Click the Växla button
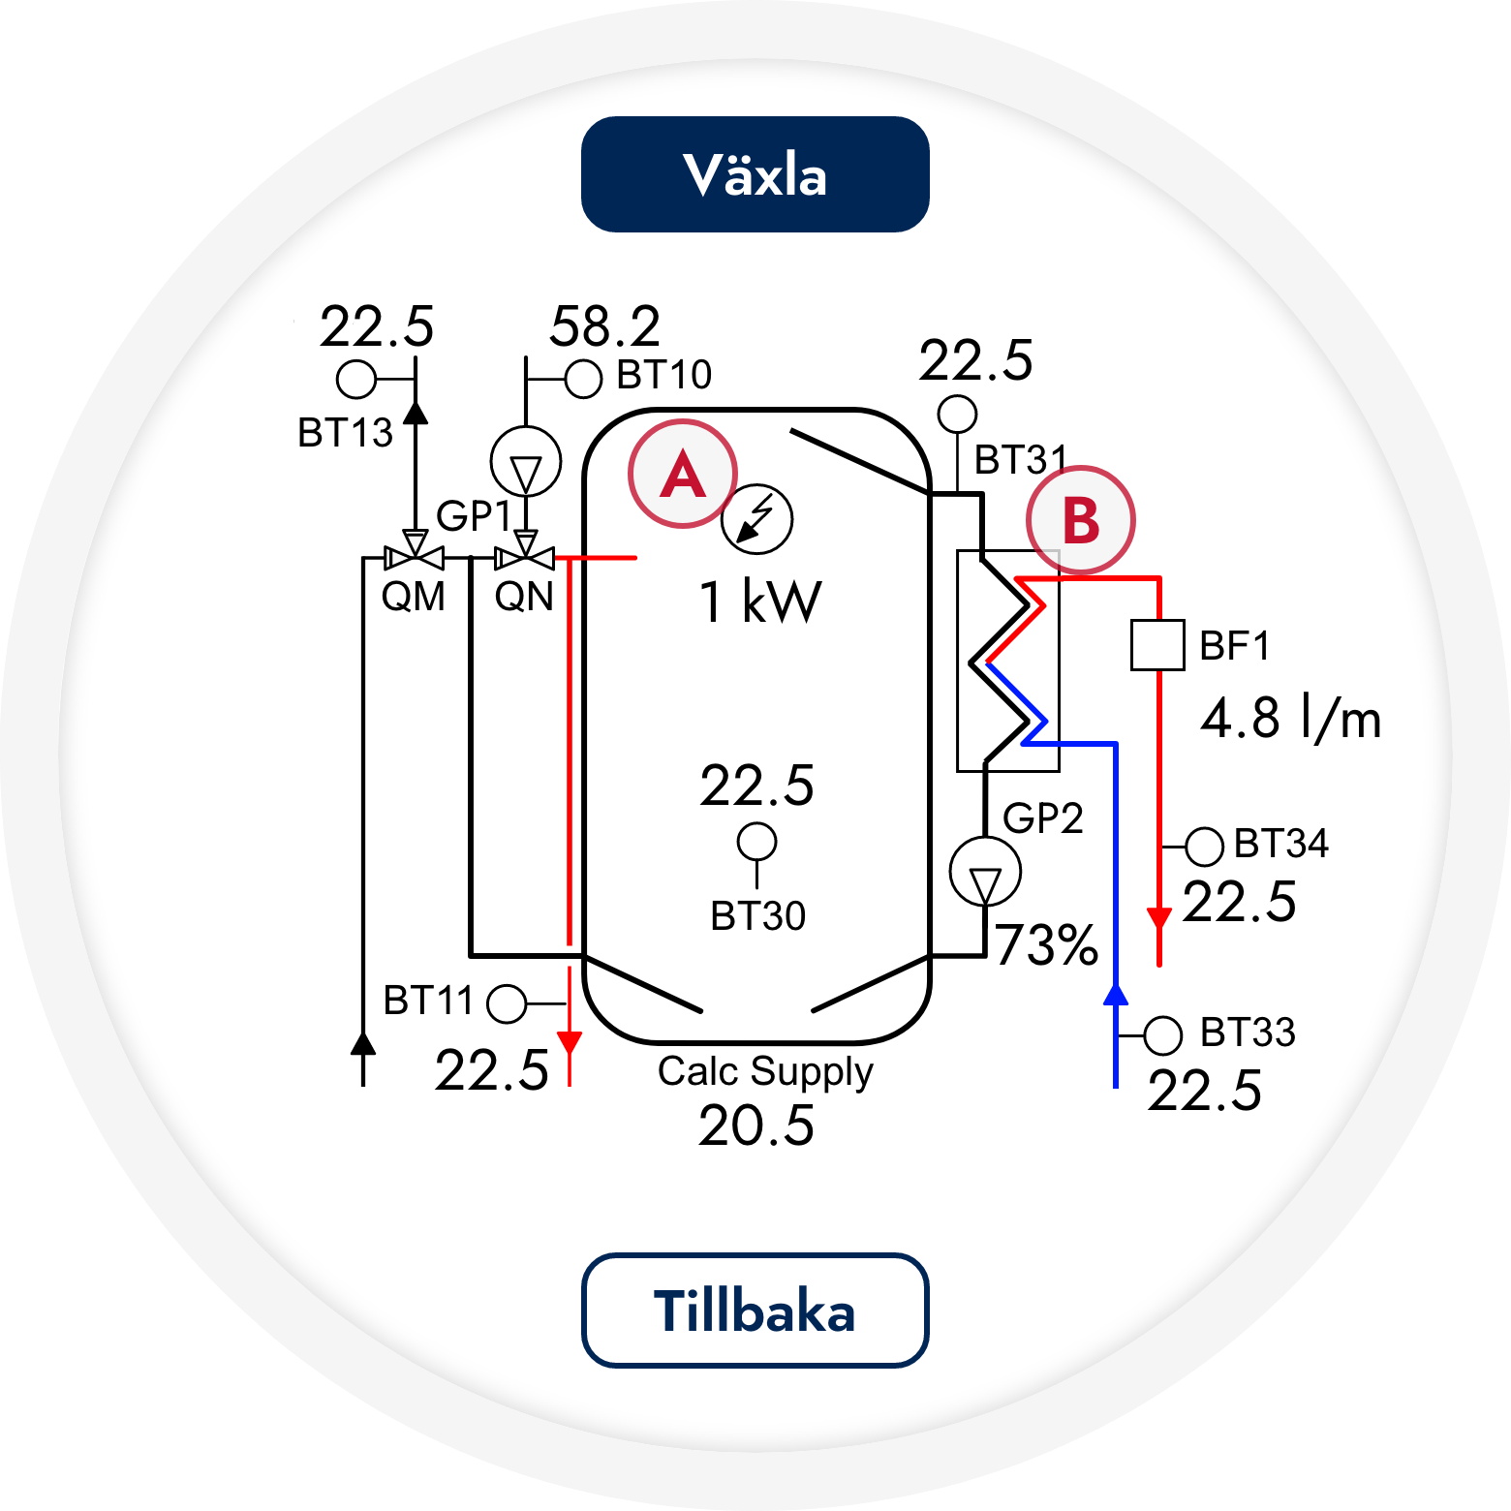point(755,174)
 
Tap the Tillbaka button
point(755,1311)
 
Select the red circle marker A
point(683,474)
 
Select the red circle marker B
point(1081,520)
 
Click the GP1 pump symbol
point(526,462)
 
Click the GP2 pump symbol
point(985,872)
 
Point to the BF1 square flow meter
point(1157,645)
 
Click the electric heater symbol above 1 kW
point(757,519)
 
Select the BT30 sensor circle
point(756,842)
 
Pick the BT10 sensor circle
point(583,379)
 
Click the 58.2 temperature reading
point(605,326)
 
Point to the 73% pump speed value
point(1046,944)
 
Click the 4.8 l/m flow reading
point(1291,719)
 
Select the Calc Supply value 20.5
point(756,1126)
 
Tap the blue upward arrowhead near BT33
point(1116,994)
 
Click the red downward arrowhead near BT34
point(1158,919)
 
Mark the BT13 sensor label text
point(346,433)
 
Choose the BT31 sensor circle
point(958,415)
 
